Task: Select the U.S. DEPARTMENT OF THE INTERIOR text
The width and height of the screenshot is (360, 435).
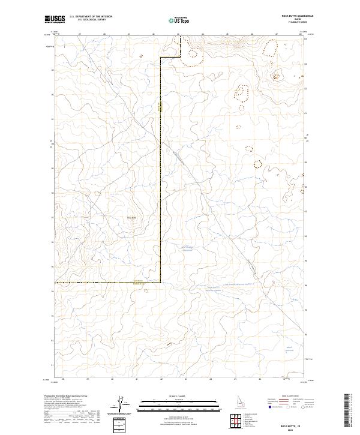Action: [x=91, y=16]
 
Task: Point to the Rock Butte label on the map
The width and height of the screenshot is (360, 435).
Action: [x=132, y=217]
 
